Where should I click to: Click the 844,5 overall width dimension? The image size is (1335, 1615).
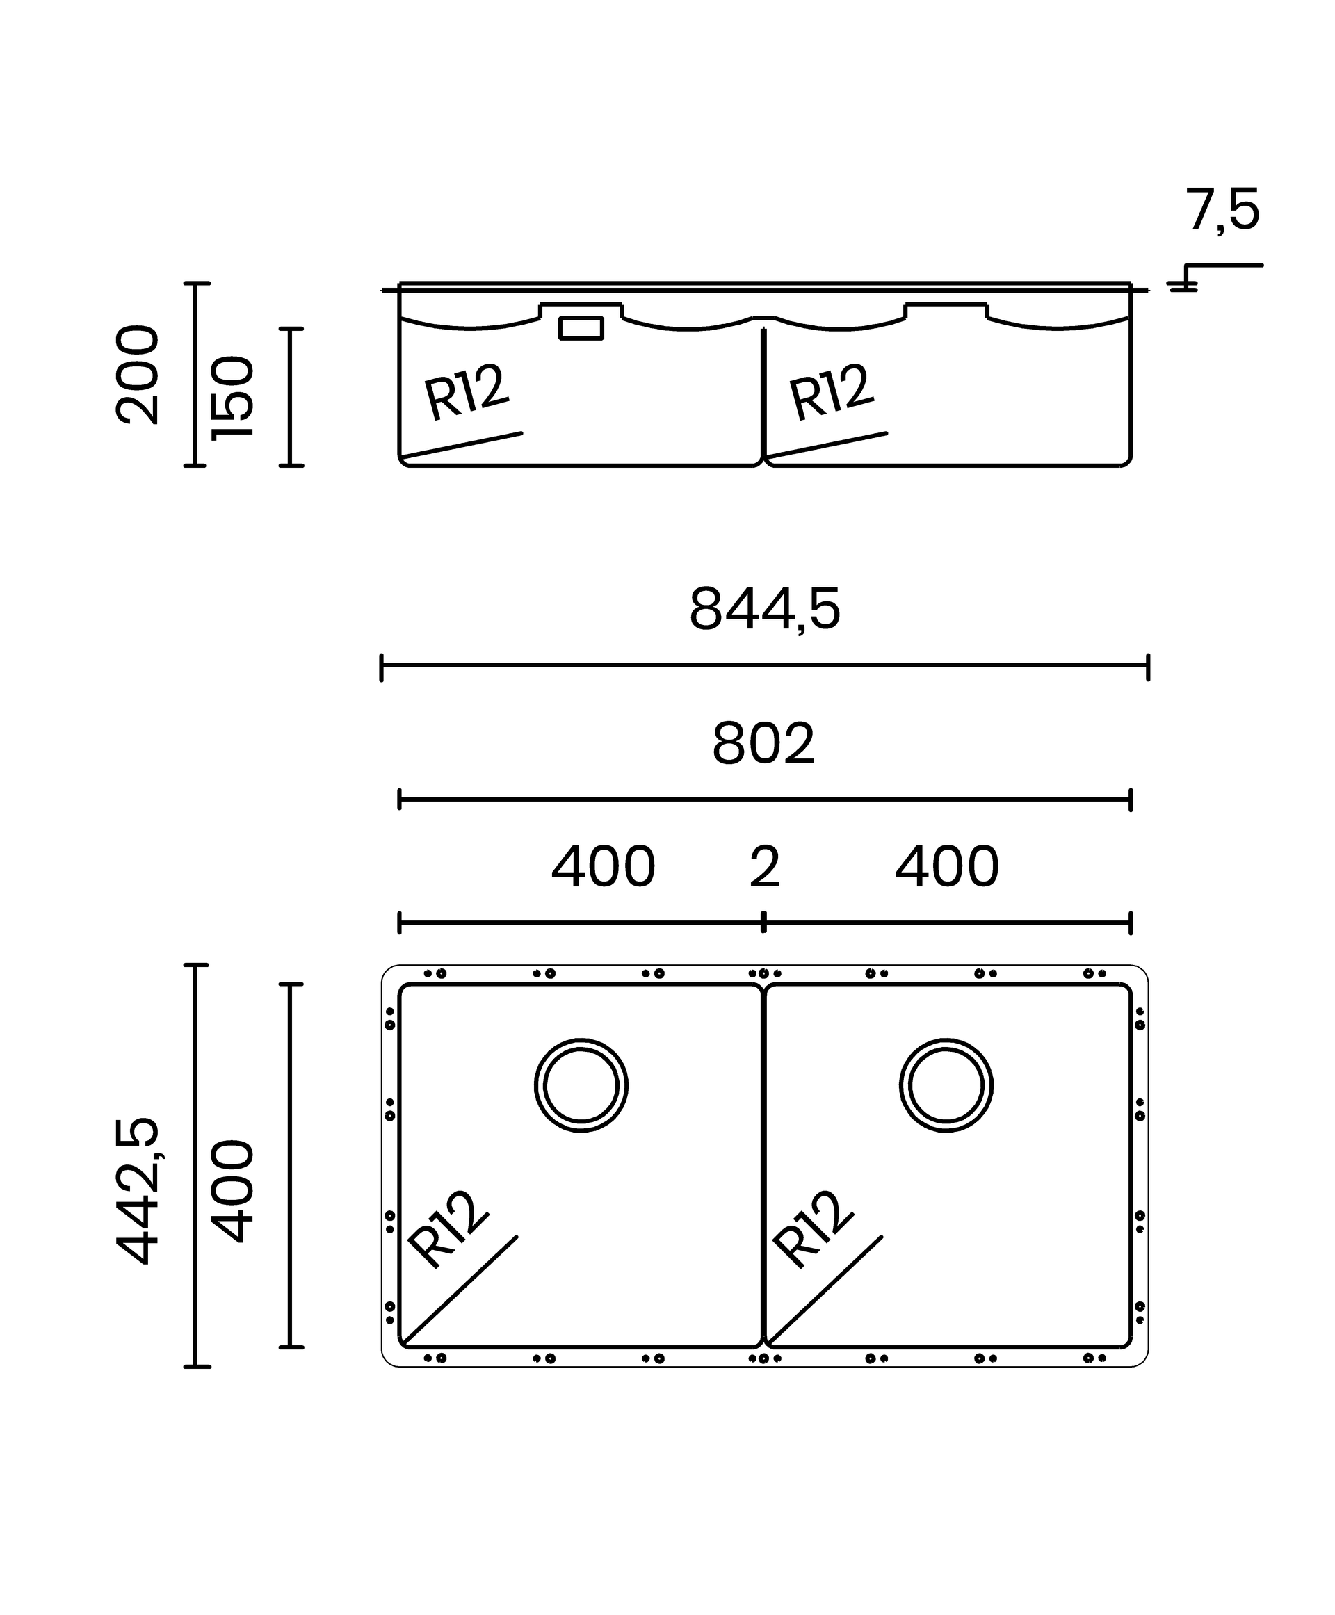click(764, 609)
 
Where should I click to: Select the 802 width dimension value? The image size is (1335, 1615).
click(763, 744)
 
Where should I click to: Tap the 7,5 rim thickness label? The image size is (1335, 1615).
click(1222, 210)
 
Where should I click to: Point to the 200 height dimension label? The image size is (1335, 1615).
click(137, 375)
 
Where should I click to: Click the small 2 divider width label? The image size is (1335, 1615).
click(764, 867)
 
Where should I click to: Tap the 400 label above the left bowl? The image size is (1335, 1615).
click(603, 867)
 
